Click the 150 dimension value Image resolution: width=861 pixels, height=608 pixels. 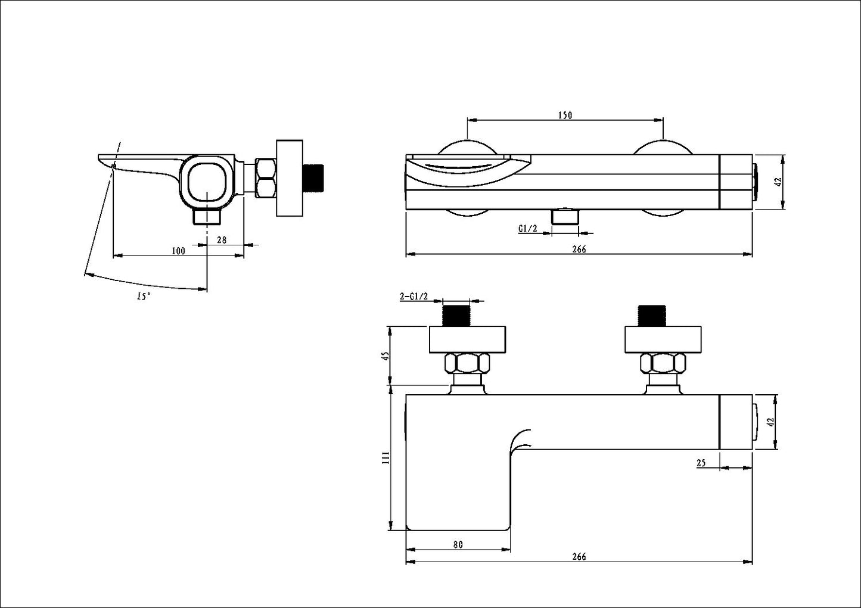[565, 115]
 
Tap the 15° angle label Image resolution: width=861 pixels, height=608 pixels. [143, 296]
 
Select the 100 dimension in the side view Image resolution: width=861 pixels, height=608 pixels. [178, 251]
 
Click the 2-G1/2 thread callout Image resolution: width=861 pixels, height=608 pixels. [414, 297]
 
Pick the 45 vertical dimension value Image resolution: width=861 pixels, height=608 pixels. [385, 356]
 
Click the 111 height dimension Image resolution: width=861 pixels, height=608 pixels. [385, 457]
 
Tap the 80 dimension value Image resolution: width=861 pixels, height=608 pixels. [458, 544]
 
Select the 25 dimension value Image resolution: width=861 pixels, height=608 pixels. [701, 463]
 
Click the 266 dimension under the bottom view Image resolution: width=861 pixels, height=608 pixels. [579, 557]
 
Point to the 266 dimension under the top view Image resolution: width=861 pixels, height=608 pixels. [579, 250]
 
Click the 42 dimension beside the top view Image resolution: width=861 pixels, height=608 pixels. [776, 182]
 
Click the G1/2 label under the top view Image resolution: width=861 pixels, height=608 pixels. [528, 228]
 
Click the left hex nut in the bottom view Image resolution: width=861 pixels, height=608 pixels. [468, 362]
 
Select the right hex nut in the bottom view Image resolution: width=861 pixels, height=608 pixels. [662, 362]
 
